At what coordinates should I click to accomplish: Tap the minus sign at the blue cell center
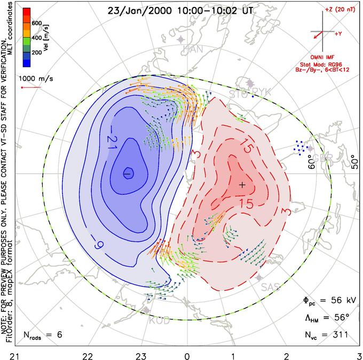pyautogui.click(x=128, y=174)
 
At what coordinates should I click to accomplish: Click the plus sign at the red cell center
pyautogui.click(x=242, y=184)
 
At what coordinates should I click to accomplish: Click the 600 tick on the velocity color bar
pyautogui.click(x=36, y=23)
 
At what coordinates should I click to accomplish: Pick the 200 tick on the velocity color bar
pyautogui.click(x=36, y=53)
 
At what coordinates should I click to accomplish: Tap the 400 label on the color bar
pyautogui.click(x=36, y=38)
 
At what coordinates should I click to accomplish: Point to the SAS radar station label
pyautogui.click(x=271, y=287)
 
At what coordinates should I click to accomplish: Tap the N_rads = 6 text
pyautogui.click(x=43, y=335)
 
